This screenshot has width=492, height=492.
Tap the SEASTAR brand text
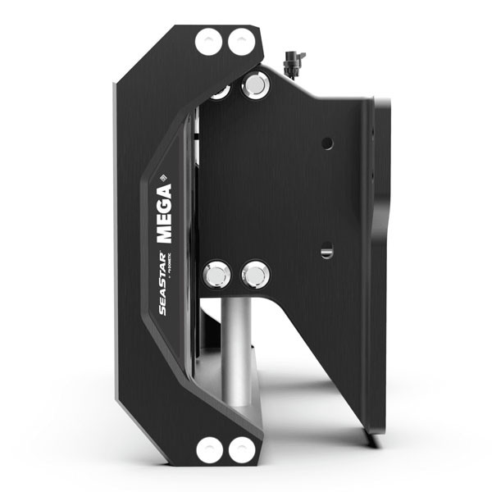pyautogui.click(x=162, y=283)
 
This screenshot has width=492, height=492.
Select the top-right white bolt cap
pyautogui.click(x=241, y=42)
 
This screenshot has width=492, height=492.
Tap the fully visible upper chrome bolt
pyautogui.click(x=255, y=84)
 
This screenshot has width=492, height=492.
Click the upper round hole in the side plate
pyautogui.click(x=327, y=143)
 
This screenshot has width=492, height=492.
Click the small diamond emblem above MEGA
pyautogui.click(x=163, y=175)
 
